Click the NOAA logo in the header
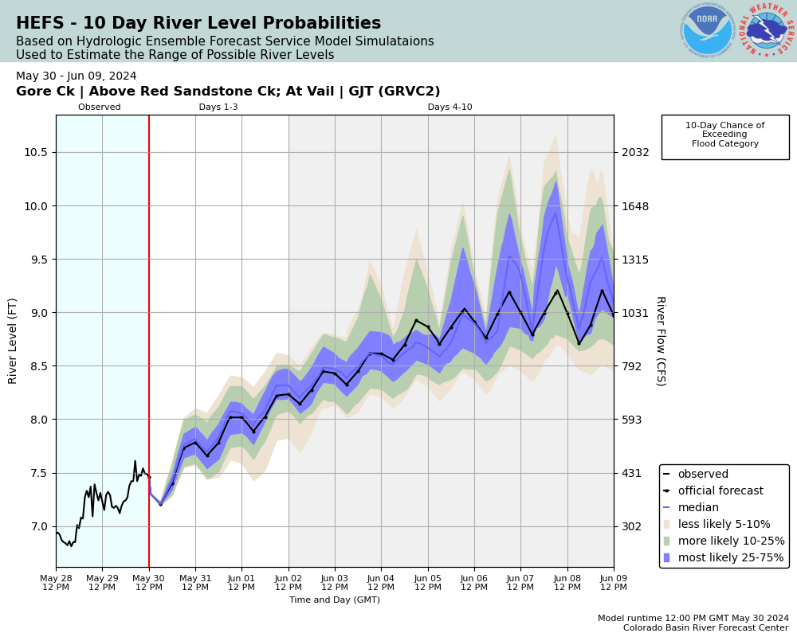[x=707, y=30]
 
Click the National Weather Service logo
[x=767, y=30]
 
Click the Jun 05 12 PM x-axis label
[x=428, y=581]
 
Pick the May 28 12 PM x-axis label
[x=56, y=581]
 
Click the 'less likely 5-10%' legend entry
[x=723, y=524]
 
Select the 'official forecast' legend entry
[x=720, y=490]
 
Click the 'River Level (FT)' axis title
[x=13, y=341]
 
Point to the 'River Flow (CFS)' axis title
[x=660, y=341]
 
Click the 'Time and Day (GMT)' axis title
[x=335, y=600]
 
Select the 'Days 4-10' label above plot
[x=450, y=107]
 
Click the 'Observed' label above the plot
[x=100, y=107]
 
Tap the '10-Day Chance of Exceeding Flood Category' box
[x=724, y=135]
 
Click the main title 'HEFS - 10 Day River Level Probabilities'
[x=198, y=24]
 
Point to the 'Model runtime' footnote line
[x=693, y=618]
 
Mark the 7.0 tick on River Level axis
[x=40, y=526]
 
